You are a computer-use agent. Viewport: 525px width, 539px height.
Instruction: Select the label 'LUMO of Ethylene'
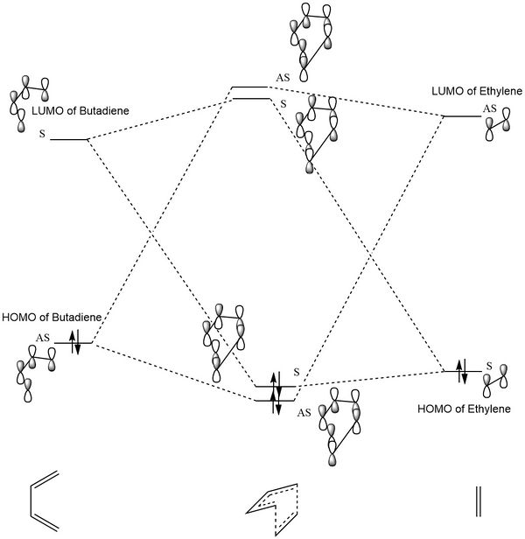coord(475,92)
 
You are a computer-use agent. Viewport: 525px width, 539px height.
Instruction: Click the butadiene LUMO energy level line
coord(68,139)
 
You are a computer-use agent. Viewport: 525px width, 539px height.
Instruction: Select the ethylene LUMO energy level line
coord(462,116)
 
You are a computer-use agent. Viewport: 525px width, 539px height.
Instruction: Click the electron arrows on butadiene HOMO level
coord(75,342)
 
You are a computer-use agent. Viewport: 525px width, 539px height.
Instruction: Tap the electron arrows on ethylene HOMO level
coord(463,371)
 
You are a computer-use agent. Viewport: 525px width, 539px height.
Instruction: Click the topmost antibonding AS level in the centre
coord(249,87)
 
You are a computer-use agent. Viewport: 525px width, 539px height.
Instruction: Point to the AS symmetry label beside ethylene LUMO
coord(491,108)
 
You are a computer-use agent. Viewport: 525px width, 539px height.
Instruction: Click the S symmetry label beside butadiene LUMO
coord(41,136)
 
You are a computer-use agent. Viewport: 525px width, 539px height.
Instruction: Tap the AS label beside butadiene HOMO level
coord(42,337)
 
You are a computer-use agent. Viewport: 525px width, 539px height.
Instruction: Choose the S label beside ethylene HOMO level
coord(489,366)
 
